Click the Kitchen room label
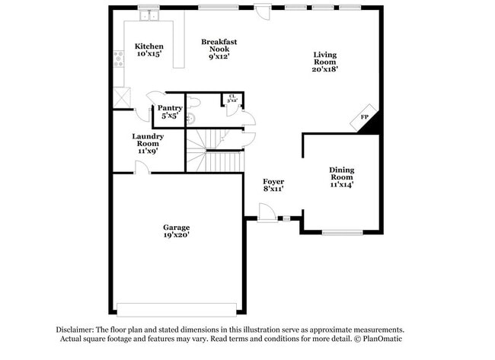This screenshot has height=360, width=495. coord(148,50)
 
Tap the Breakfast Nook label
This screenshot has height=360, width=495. coord(220,48)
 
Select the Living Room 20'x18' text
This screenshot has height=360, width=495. coord(325,61)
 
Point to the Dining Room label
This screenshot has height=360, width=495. coord(341,177)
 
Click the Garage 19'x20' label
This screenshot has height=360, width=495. coord(176,231)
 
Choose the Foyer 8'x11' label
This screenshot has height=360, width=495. coord(273,184)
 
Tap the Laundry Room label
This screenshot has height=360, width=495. coord(147,143)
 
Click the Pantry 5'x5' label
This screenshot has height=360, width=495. coord(168,112)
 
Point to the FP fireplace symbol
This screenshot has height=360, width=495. coord(366,117)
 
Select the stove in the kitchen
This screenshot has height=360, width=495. coord(119,59)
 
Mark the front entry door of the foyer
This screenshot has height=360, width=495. coord(267,213)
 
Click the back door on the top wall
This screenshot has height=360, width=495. coord(262,13)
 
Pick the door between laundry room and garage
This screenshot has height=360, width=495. coord(142,167)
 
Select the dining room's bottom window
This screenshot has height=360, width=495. coord(341,232)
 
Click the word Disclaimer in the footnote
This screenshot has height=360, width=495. coord(76,329)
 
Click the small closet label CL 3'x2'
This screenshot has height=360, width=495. coord(232,98)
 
